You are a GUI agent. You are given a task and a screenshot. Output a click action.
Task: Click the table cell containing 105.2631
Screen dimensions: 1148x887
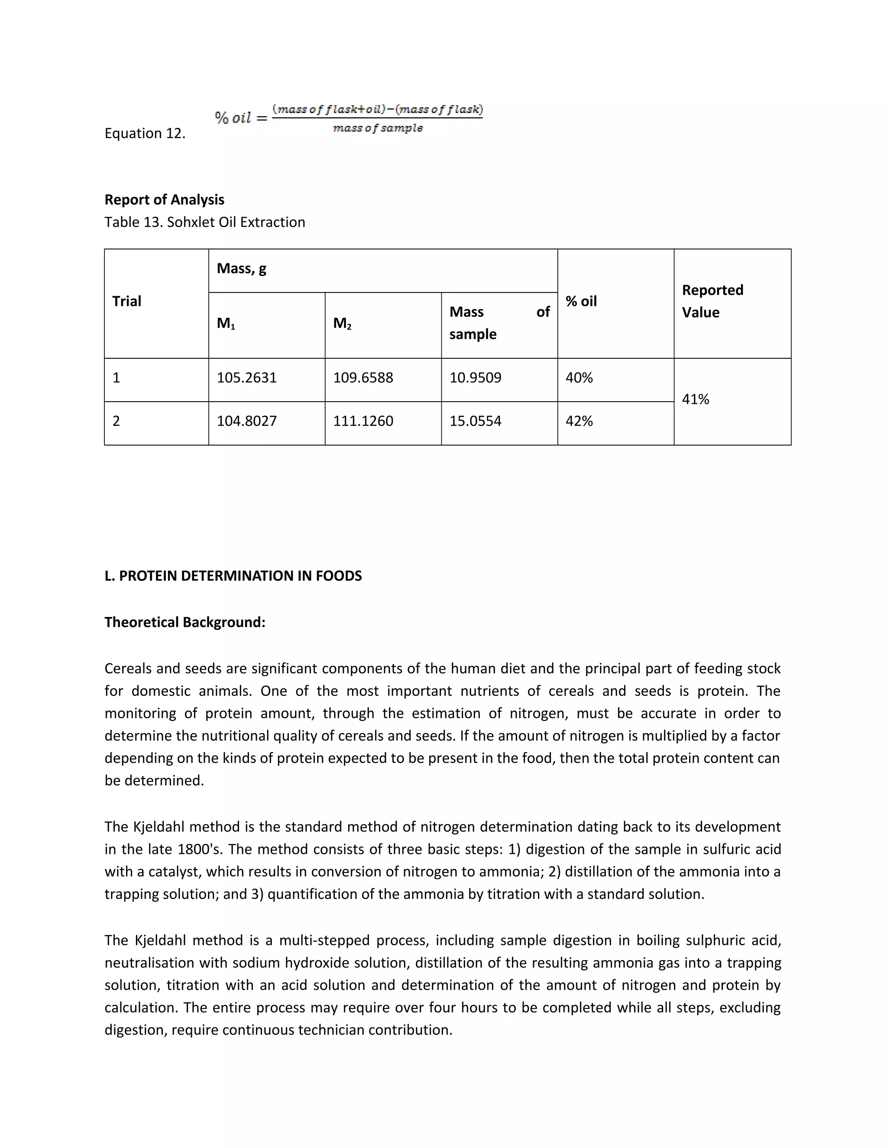click(x=246, y=377)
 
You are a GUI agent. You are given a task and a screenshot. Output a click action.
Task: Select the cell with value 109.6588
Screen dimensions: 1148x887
click(x=363, y=377)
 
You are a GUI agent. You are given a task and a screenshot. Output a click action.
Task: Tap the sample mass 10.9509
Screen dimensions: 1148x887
click(x=475, y=377)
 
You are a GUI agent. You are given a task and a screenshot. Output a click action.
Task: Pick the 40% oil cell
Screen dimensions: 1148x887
click(x=579, y=377)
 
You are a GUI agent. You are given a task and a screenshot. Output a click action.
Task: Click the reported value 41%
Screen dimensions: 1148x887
click(x=695, y=399)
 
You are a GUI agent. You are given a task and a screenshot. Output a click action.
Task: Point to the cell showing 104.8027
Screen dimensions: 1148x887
click(x=246, y=421)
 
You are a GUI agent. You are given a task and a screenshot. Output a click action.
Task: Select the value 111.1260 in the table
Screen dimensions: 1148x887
click(x=363, y=421)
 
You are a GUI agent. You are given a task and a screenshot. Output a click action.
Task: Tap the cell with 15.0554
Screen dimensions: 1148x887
click(x=475, y=421)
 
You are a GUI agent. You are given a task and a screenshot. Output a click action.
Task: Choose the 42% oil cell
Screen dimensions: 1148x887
click(x=579, y=421)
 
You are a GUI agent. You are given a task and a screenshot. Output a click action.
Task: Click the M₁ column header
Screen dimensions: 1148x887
click(x=226, y=323)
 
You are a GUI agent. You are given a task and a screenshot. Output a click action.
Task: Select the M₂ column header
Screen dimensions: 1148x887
click(x=342, y=323)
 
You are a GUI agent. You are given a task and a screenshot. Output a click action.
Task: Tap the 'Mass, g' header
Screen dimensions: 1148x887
click(x=241, y=269)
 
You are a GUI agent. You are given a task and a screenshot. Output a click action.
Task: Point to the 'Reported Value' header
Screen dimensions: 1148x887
click(x=712, y=301)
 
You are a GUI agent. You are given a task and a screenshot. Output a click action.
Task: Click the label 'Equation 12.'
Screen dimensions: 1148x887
click(x=145, y=133)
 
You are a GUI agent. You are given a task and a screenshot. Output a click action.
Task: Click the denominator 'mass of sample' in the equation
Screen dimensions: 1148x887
click(x=377, y=128)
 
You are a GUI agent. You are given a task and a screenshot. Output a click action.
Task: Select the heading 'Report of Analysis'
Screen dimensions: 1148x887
click(x=164, y=200)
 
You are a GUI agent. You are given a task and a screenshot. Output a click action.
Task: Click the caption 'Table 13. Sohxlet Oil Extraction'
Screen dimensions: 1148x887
click(x=204, y=222)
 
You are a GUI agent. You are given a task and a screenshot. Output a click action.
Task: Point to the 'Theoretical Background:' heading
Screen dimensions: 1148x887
click(x=185, y=623)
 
